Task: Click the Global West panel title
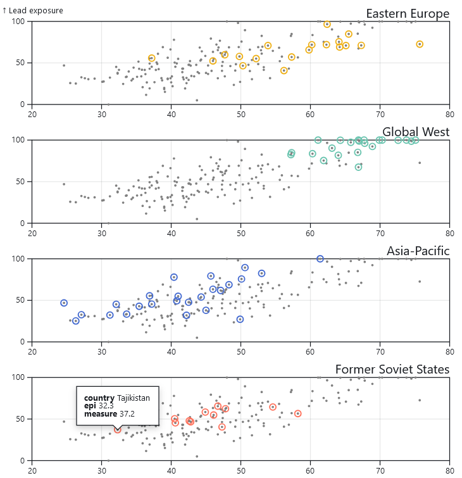pos(416,132)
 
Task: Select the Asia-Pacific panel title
pos(418,251)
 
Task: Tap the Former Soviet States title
pos(392,369)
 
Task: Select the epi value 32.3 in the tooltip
pos(105,406)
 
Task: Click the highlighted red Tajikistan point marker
pos(117,430)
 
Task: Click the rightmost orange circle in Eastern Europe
pos(420,44)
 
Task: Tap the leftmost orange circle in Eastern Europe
pos(151,58)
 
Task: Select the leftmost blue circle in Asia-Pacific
pos(64,303)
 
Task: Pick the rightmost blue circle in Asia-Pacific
pos(320,259)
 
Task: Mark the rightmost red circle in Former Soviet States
pos(298,413)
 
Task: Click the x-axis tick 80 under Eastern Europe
pos(449,114)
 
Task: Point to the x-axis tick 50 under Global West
pos(240,232)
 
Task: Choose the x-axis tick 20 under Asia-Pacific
pos(32,351)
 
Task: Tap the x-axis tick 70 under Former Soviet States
pos(380,470)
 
